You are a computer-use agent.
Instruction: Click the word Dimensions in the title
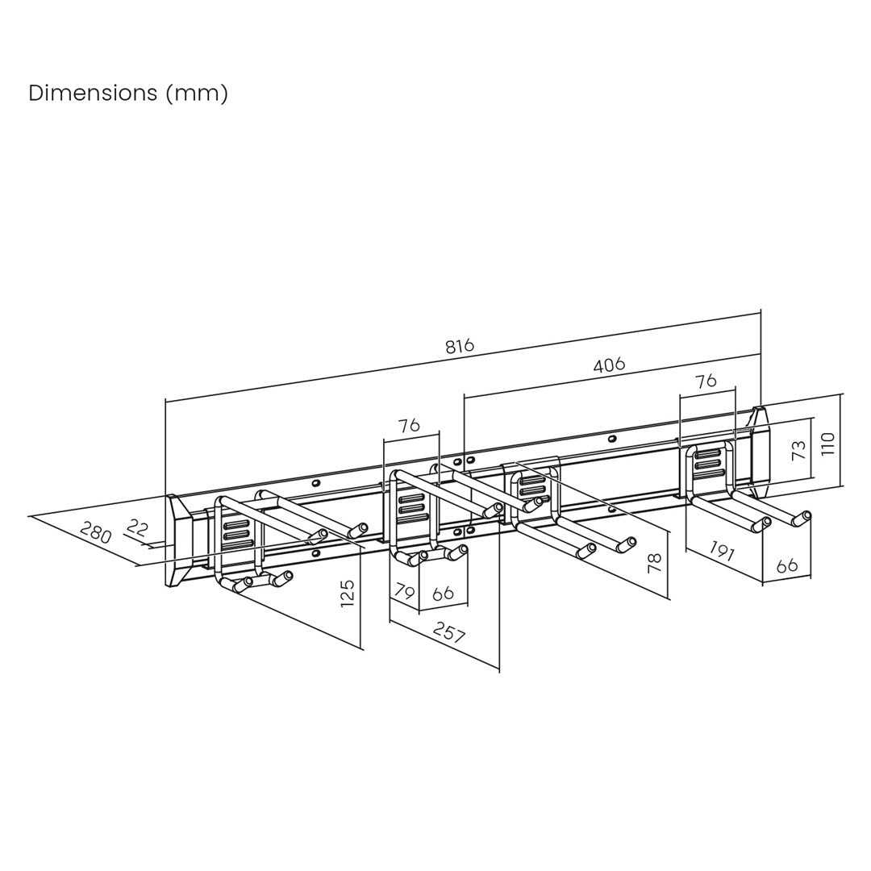tap(93, 93)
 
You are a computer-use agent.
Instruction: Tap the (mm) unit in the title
tap(198, 94)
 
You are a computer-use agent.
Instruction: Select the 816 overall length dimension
tap(460, 345)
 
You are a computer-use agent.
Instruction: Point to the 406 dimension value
tap(609, 365)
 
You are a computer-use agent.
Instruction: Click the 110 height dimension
tap(827, 444)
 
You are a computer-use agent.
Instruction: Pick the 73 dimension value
tap(798, 449)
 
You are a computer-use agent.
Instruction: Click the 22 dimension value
tap(136, 527)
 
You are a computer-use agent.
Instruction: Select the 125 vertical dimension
tap(347, 593)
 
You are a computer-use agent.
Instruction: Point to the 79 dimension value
tap(404, 592)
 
